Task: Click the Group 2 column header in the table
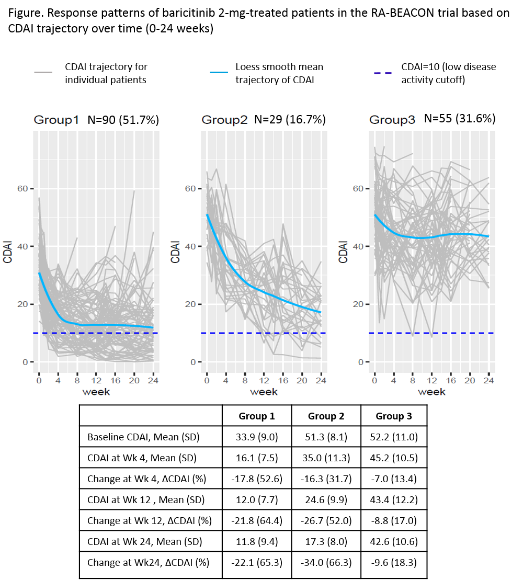tap(326, 416)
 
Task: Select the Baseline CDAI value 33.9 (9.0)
tap(257, 436)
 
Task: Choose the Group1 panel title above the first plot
tap(56, 120)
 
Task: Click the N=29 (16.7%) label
tap(290, 119)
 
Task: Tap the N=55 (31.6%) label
tap(460, 119)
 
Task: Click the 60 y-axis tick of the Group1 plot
tap(23, 188)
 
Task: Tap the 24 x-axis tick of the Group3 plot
tap(488, 380)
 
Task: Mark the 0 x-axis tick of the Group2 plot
tap(207, 380)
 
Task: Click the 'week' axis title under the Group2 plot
tap(264, 391)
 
